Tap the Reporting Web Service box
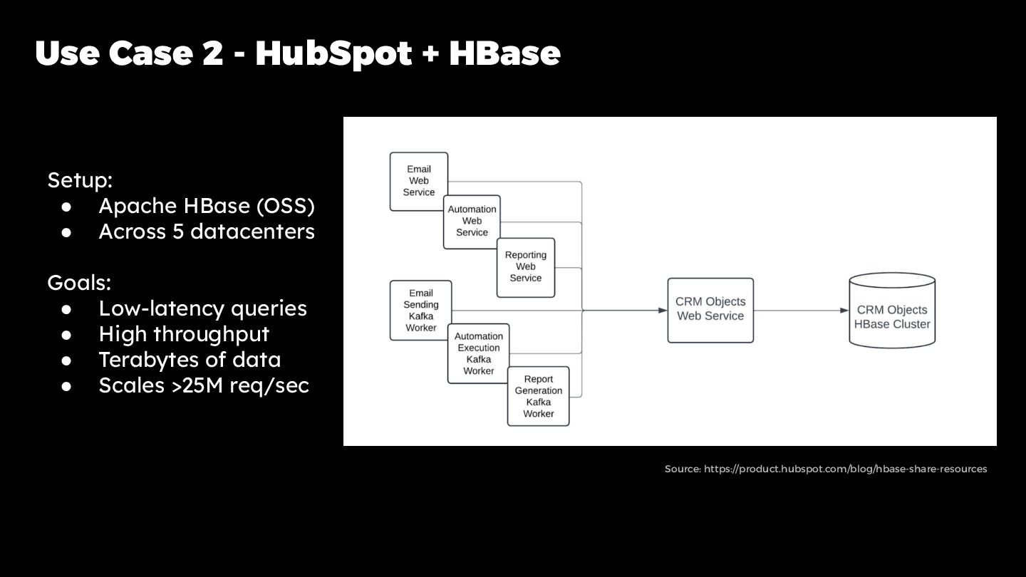(526, 266)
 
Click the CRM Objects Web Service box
(710, 310)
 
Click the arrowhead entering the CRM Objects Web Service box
(662, 311)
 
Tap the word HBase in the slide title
(504, 54)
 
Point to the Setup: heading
(80, 180)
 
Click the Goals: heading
(79, 283)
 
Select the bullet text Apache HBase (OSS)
(207, 206)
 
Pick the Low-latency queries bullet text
(202, 308)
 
